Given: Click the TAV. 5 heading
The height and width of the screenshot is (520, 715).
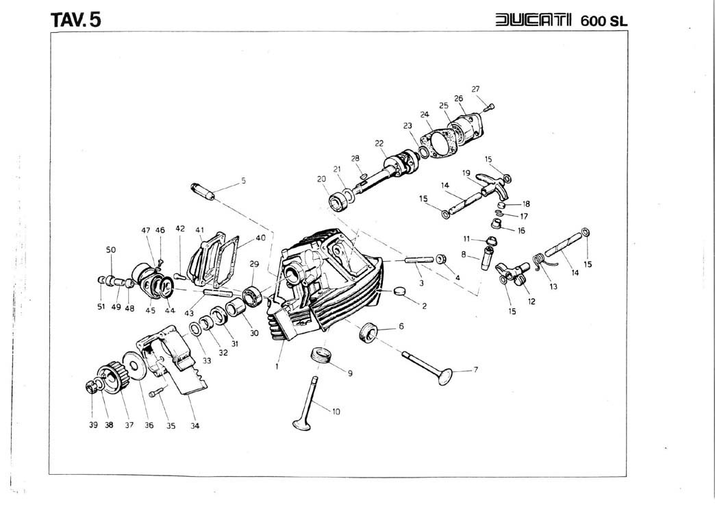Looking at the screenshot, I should click(x=75, y=19).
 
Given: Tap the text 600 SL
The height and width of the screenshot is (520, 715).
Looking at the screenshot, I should click(x=603, y=21).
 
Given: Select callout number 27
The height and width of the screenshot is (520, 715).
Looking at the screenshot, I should click(x=475, y=88).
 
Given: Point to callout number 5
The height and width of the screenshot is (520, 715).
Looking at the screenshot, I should click(x=243, y=181).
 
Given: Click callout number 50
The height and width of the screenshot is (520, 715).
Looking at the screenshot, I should click(x=111, y=250).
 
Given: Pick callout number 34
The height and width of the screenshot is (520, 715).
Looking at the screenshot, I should click(x=195, y=425).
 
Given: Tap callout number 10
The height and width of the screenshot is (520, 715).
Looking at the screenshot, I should click(x=336, y=412).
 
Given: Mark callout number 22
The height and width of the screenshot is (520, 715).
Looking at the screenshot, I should click(x=379, y=143).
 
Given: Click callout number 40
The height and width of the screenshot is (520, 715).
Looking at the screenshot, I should click(x=260, y=238).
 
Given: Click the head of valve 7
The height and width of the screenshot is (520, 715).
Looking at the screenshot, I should click(x=446, y=376).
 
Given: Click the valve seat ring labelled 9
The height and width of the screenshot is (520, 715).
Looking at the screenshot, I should click(x=321, y=356).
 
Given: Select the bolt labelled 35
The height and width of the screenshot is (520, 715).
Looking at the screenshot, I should click(x=153, y=391).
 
